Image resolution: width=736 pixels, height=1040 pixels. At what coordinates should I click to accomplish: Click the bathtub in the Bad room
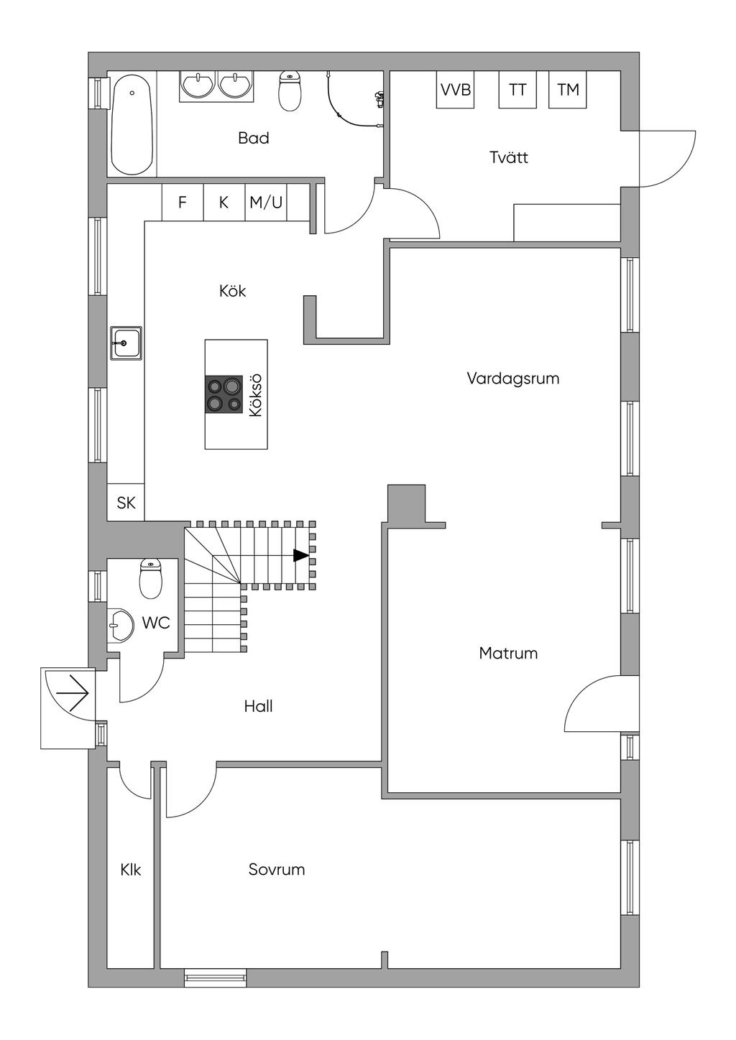point(132,124)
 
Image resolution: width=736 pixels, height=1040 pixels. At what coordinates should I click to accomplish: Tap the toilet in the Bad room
point(290,91)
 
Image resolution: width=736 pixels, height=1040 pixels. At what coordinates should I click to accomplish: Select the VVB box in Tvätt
point(455,90)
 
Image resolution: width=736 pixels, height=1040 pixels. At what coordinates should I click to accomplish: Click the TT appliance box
point(517,90)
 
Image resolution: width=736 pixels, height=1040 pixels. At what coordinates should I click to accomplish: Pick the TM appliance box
point(567,90)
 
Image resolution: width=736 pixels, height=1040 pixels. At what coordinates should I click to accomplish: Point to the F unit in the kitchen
point(183,203)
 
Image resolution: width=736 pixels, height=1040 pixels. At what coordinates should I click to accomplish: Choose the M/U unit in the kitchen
point(266,203)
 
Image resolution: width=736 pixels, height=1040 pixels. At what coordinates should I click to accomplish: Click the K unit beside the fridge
point(224,203)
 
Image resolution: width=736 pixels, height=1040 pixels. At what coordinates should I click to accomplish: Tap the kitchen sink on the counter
point(126,343)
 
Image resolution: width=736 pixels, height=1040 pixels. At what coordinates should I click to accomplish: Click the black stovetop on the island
point(224,394)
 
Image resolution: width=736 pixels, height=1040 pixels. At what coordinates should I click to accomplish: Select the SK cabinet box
point(126,502)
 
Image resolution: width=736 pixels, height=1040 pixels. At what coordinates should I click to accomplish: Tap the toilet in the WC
point(150,578)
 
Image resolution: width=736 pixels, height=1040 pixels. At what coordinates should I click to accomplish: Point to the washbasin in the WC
point(121,626)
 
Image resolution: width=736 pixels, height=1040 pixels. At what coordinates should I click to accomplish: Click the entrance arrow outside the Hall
point(72,693)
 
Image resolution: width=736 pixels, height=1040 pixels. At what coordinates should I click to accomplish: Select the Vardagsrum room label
point(513,379)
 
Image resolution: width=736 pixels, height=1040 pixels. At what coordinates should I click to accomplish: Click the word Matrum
point(508,654)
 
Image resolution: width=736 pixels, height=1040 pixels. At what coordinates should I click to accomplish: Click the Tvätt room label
point(509,157)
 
